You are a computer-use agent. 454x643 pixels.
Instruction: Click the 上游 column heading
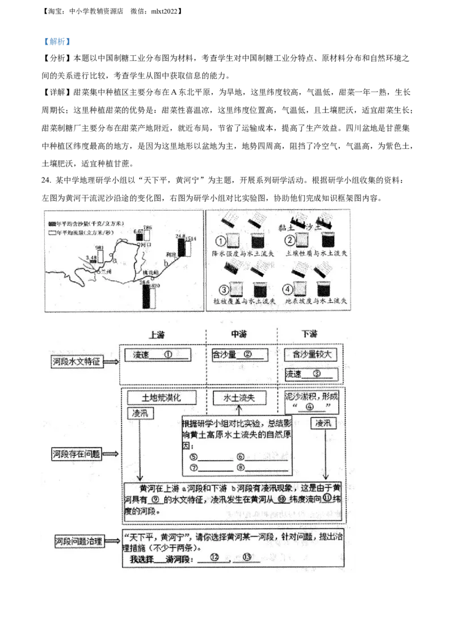click(156, 334)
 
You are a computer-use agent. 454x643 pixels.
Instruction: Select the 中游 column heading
click(239, 334)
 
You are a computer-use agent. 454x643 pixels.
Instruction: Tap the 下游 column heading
click(309, 334)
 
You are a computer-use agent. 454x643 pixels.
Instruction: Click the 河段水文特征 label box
click(78, 361)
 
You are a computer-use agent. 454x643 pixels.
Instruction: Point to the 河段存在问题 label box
click(78, 454)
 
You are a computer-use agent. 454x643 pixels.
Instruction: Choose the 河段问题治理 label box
click(78, 541)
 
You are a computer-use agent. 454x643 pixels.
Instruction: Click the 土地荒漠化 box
click(162, 398)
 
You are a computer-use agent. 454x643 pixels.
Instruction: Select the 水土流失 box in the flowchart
click(239, 398)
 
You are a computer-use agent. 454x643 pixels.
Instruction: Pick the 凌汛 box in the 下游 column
click(323, 423)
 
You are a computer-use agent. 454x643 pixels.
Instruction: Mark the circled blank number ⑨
click(155, 500)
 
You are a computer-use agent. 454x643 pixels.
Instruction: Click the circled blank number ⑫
click(214, 558)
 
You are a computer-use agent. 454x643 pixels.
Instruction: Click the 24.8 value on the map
click(180, 236)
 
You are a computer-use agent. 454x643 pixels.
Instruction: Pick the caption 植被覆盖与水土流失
click(244, 301)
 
